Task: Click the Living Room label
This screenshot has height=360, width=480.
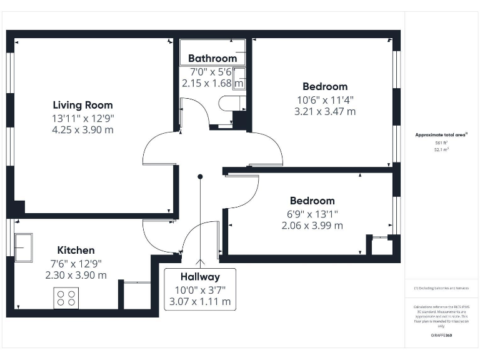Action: (82, 105)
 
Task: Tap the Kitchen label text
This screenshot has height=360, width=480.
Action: (76, 250)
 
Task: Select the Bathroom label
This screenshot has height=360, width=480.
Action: (212, 59)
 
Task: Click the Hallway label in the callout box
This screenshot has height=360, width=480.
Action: (200, 277)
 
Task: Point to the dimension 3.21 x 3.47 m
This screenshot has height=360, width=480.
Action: (324, 111)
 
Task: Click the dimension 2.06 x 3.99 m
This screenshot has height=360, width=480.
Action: (312, 226)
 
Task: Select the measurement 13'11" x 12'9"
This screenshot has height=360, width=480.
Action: (82, 118)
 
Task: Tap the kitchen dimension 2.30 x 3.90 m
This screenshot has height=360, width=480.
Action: (76, 275)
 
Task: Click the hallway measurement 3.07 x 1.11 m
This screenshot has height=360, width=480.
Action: (200, 301)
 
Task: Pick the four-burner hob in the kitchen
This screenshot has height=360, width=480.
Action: (66, 297)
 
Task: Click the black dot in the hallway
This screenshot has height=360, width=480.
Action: (200, 177)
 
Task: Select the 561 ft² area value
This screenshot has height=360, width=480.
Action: (441, 143)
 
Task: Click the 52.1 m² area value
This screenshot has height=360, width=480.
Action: (441, 150)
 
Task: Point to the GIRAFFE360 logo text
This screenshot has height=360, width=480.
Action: (441, 336)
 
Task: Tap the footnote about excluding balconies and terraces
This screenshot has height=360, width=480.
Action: (441, 288)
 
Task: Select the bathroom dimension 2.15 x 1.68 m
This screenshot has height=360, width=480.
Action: (212, 82)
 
